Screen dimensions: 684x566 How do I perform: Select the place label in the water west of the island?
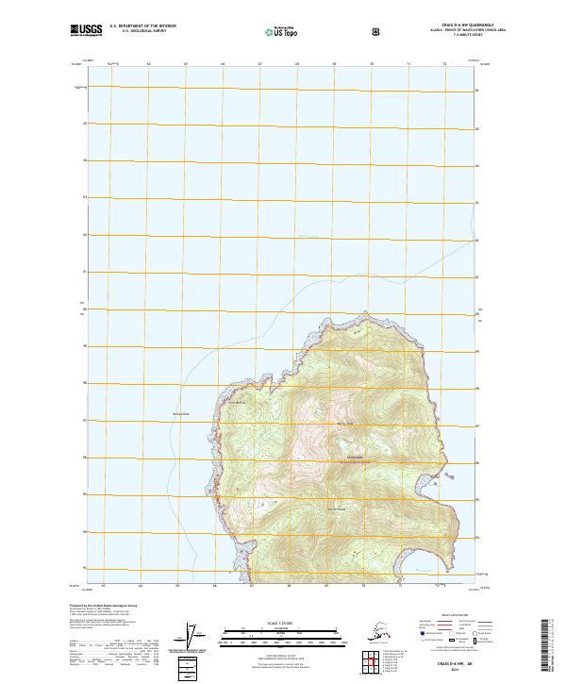tap(181, 414)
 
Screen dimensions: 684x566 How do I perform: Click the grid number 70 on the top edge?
tap(371, 64)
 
